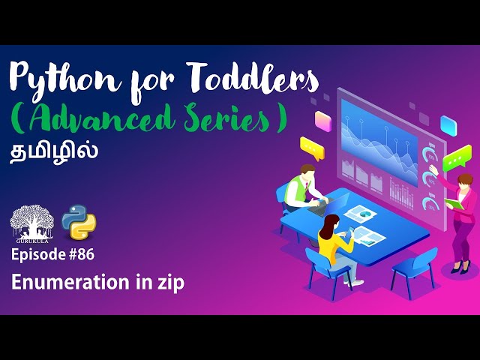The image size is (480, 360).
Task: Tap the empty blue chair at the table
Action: click(x=413, y=266)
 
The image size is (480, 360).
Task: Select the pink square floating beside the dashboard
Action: click(x=323, y=120)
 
